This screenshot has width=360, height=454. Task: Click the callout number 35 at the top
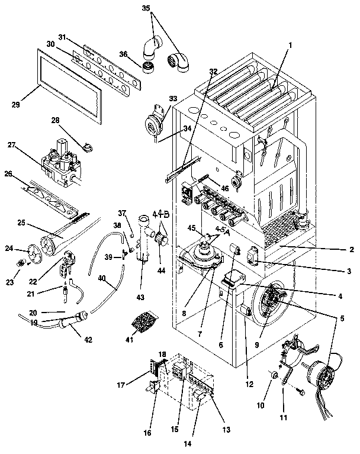146,10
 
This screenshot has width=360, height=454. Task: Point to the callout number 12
249,384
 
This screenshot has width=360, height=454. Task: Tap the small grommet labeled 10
272,375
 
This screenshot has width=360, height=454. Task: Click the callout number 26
8,174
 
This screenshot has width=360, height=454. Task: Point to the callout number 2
351,249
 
